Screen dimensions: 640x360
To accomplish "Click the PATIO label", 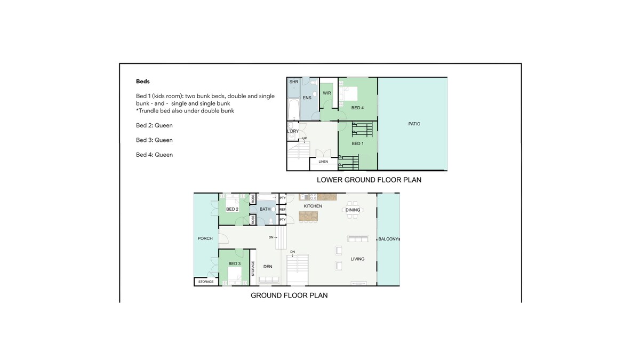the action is point(414,124).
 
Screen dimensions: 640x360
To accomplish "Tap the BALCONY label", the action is point(388,239).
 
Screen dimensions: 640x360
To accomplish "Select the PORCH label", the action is point(205,238).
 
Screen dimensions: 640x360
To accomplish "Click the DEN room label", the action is point(268,267).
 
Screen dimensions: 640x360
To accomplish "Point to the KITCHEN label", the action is point(313,206).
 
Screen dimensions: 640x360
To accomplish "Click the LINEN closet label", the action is point(323,162).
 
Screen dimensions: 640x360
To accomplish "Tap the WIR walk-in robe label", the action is point(327,93).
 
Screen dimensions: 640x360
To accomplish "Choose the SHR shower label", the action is point(294,82).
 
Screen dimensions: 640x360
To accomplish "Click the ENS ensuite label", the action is point(307,98).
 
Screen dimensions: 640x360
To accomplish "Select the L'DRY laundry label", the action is point(293,131).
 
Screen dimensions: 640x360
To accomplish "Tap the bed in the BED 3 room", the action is point(235,276).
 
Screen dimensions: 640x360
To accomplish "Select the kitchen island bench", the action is point(308,217).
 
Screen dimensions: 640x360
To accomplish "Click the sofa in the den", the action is point(269,279).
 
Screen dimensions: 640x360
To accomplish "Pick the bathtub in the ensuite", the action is point(294,109).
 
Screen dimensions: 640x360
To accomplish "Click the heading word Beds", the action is point(143,82).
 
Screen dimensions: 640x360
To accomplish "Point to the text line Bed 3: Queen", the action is point(154,140).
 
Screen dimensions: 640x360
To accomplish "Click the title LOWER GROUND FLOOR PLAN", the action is point(369,180).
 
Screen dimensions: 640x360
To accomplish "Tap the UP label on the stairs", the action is point(305,138).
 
